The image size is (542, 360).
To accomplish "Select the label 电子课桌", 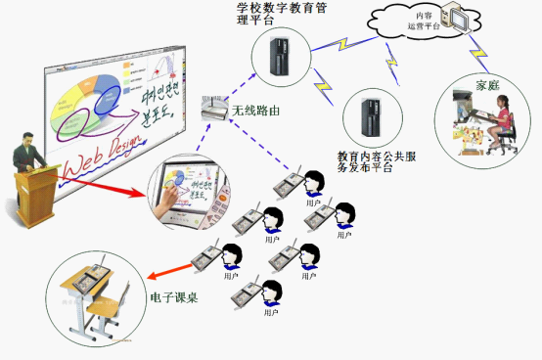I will pyautogui.click(x=174, y=296).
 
